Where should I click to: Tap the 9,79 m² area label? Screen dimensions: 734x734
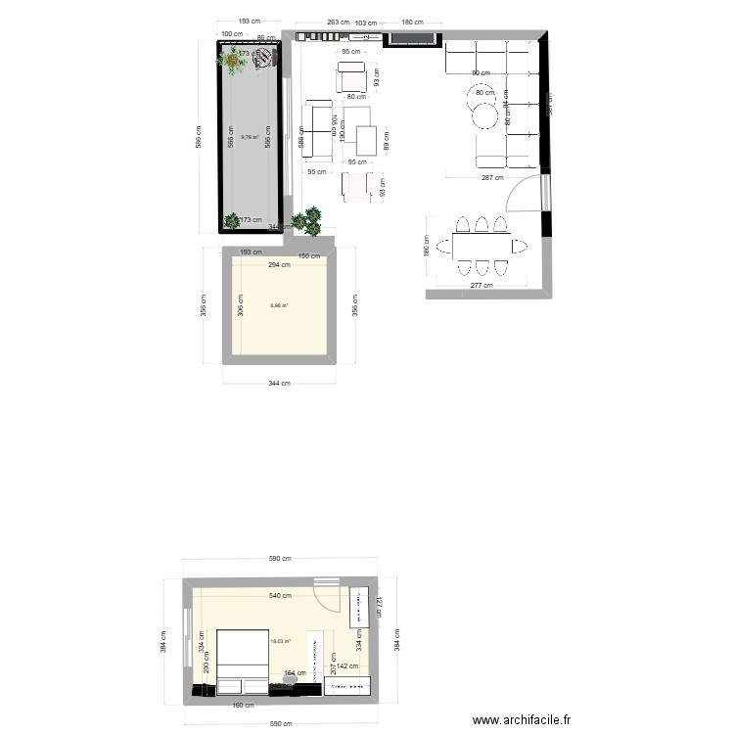(x=250, y=137)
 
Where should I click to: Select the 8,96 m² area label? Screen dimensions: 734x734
(x=279, y=305)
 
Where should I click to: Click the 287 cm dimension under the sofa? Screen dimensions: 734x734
(x=491, y=178)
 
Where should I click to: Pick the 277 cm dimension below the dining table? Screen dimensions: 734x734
(x=480, y=285)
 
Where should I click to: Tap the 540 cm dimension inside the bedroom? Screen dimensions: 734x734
(x=282, y=596)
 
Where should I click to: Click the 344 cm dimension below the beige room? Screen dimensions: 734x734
(x=280, y=383)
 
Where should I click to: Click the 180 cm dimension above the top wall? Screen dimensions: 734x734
(x=412, y=22)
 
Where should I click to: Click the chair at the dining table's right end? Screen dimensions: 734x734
(x=520, y=246)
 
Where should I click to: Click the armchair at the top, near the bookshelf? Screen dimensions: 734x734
(x=351, y=76)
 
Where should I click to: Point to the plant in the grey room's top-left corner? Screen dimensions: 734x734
(x=232, y=62)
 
